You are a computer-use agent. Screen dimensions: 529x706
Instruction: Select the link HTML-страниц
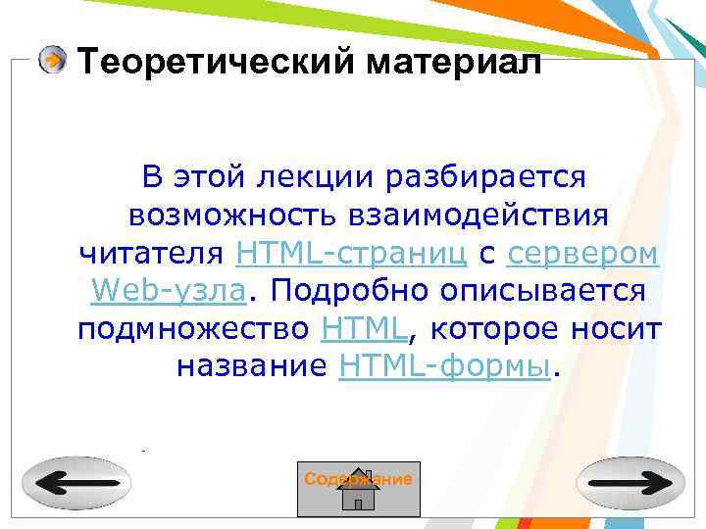tap(352, 254)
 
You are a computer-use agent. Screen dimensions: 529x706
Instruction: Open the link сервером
tap(582, 254)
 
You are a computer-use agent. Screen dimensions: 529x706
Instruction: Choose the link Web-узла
tap(168, 291)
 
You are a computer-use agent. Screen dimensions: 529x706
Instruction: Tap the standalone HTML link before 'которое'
tap(363, 329)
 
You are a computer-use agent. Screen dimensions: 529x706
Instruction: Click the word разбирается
tap(486, 177)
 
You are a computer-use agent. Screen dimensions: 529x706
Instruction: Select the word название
tap(252, 366)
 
